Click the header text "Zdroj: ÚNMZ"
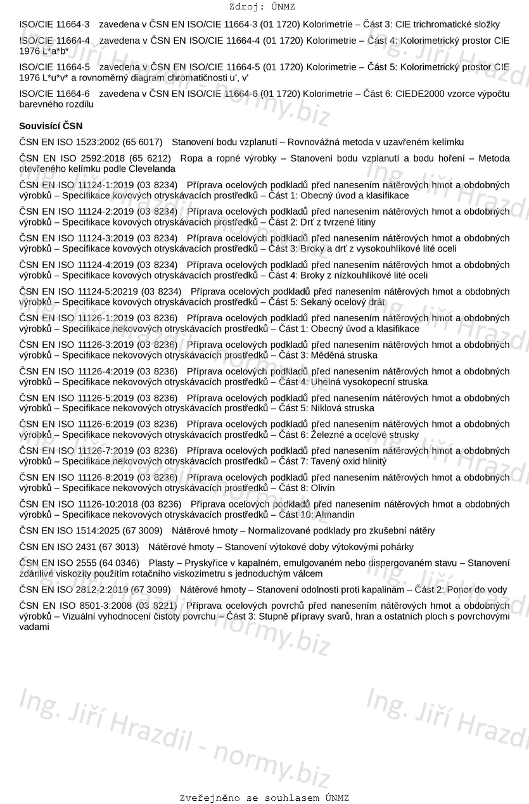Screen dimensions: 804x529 coord(262,7)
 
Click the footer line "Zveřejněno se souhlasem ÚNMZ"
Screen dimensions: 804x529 coord(264,798)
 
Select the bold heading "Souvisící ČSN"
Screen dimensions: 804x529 coord(51,125)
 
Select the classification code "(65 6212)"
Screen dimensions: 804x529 coord(150,158)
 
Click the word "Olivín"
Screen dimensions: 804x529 coord(322,488)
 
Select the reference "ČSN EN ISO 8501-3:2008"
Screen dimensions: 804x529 coord(75,605)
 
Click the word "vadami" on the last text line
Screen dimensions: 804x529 coord(34,627)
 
